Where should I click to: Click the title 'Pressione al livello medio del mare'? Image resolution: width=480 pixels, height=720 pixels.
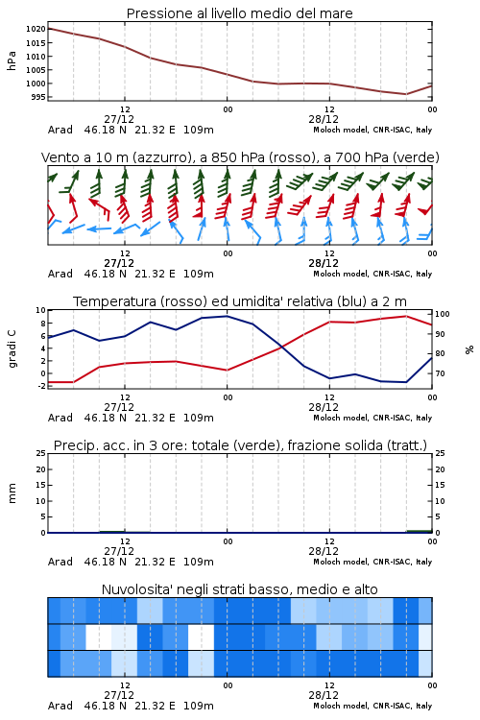[239, 13]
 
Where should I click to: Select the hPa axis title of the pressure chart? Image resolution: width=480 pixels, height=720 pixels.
[12, 60]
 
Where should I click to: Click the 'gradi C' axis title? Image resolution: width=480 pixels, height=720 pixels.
[12, 348]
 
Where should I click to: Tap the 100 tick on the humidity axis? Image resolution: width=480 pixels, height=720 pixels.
[442, 314]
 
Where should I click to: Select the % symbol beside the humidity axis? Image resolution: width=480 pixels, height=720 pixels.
[469, 349]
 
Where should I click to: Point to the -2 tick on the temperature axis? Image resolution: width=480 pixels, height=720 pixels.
[42, 386]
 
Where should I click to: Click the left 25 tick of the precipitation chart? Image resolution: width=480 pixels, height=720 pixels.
[41, 453]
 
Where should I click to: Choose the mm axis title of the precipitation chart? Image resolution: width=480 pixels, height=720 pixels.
[12, 493]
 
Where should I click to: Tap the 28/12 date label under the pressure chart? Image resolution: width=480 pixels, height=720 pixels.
[324, 119]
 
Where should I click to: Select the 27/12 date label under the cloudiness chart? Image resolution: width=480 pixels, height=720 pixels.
[119, 695]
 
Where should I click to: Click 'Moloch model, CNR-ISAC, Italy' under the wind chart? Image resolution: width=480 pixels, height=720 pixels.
[372, 274]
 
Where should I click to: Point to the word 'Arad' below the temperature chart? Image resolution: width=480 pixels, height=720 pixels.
[60, 418]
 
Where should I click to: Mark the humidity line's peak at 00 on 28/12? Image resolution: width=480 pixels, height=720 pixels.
[227, 316]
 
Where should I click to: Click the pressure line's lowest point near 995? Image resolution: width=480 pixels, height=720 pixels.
[406, 94]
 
